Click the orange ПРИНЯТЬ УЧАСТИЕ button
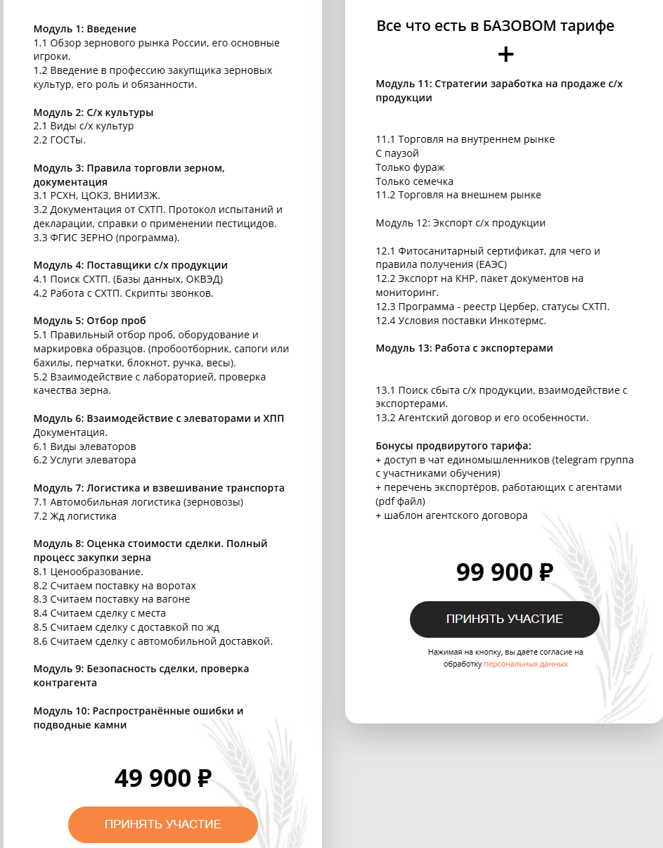point(163,824)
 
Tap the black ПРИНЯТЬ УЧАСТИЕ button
point(504,619)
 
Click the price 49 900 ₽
point(163,778)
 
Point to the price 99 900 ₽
point(504,572)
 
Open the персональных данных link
point(525,664)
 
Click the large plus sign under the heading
point(506,55)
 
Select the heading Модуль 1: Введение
point(85,29)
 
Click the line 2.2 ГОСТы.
point(60,140)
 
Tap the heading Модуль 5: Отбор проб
point(89,321)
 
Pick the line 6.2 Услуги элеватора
point(85,460)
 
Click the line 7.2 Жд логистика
point(75,515)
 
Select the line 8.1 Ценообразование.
point(89,571)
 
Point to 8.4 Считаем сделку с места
point(100,613)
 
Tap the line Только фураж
point(410,167)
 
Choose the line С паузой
point(397,153)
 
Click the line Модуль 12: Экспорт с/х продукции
point(461,223)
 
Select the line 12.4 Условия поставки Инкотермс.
point(461,321)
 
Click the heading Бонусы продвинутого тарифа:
point(453,446)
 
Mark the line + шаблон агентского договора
point(451,515)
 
